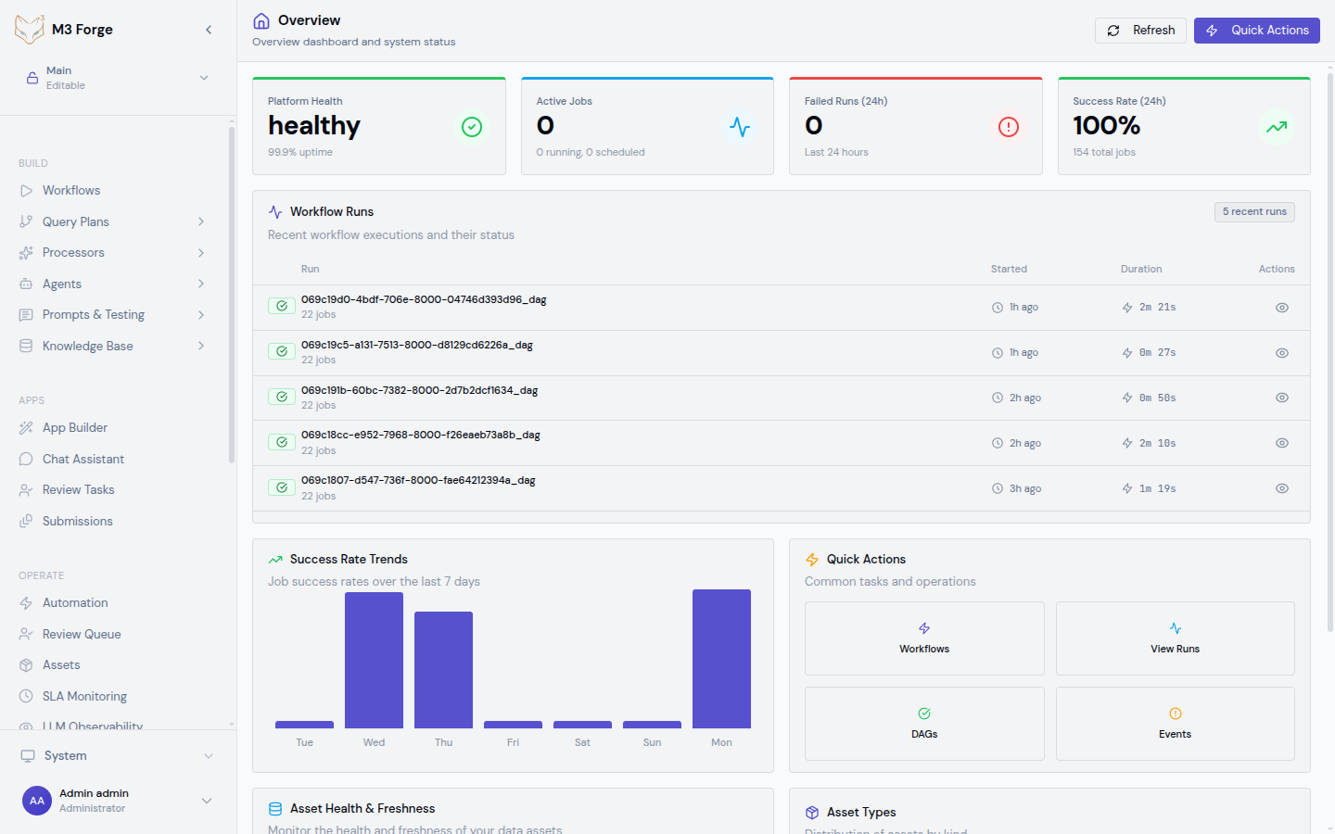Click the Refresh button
point(1140,31)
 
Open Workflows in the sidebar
point(71,191)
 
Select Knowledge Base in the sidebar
point(87,347)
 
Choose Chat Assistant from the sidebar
point(83,460)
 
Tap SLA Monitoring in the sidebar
point(84,697)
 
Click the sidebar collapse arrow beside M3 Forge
point(209,30)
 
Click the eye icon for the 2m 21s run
point(1282,308)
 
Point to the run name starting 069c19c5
point(416,346)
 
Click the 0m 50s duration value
point(1157,398)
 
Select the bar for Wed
point(374,660)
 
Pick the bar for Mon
point(721,658)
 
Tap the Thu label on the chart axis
point(443,743)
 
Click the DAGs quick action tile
point(924,724)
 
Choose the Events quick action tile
point(1175,724)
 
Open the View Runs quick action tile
point(1175,638)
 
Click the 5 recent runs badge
point(1254,212)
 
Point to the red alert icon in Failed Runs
point(1009,127)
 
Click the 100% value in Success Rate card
point(1106,126)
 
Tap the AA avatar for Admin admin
point(37,801)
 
